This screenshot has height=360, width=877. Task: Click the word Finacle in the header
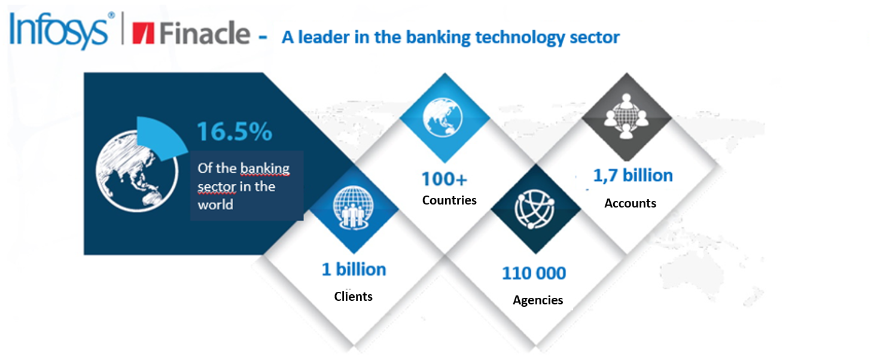[x=205, y=33]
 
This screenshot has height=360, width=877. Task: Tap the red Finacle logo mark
[x=144, y=33]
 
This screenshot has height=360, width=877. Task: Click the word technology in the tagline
[x=520, y=38]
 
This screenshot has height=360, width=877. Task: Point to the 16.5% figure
[x=235, y=131]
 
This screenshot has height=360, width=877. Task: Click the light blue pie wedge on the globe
[x=160, y=138]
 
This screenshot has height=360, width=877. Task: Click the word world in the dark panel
[x=215, y=205]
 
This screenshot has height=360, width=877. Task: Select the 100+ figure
[x=444, y=179]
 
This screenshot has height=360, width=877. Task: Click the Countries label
[x=449, y=200]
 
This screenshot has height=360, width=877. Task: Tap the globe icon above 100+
[x=443, y=117]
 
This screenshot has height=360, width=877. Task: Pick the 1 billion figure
[x=354, y=269]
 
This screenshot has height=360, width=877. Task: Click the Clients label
[x=353, y=296]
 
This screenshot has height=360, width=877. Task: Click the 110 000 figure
[x=534, y=273]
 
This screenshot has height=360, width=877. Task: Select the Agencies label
[x=538, y=300]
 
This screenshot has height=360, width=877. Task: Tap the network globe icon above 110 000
[x=535, y=209]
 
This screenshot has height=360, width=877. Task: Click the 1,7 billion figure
[x=633, y=175]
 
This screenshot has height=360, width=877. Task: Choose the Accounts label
[x=631, y=203]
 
